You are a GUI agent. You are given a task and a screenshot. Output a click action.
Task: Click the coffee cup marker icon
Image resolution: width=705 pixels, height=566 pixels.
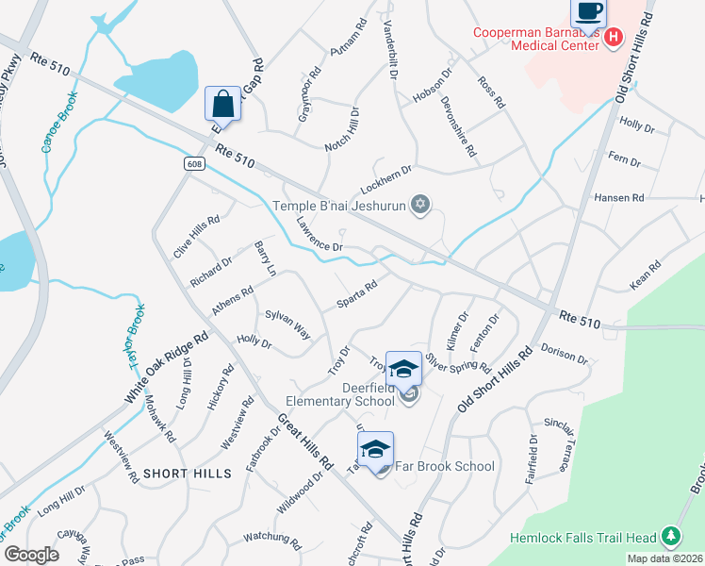[x=589, y=12]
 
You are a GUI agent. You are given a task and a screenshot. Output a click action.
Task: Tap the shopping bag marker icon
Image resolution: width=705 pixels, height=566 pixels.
[x=222, y=103]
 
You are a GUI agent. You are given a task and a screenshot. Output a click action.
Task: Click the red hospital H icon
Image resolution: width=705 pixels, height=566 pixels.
[x=613, y=38]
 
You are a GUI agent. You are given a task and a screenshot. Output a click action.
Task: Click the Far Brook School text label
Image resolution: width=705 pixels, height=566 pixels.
[x=444, y=466]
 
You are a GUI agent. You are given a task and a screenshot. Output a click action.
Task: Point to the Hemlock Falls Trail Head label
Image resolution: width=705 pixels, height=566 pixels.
[x=583, y=539]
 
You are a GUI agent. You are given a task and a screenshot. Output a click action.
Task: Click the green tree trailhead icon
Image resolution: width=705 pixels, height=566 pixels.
[x=670, y=538]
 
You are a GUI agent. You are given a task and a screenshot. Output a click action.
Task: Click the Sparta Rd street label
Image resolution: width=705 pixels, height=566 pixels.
[x=357, y=293]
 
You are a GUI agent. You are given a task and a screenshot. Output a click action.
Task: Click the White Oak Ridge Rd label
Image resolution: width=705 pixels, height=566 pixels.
[x=166, y=369]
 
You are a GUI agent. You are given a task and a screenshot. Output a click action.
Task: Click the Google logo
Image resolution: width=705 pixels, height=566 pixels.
[x=31, y=554]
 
